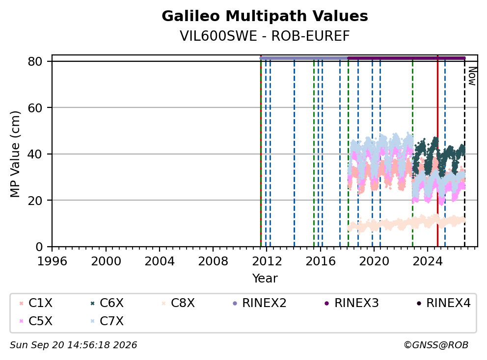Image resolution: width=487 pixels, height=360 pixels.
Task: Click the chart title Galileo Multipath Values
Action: click(265, 16)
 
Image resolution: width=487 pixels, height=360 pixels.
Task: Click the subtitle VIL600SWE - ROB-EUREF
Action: click(265, 36)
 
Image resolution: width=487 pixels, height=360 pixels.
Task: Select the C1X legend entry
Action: click(36, 303)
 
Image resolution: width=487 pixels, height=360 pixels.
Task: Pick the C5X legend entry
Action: click(36, 321)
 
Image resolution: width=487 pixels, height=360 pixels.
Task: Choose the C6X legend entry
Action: click(107, 303)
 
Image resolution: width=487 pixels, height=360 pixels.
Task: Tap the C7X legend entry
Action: click(107, 321)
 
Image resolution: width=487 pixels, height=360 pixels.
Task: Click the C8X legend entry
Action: click(178, 303)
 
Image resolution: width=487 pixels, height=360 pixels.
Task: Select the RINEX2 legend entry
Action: click(259, 303)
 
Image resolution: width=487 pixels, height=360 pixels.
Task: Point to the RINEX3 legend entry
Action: click(352, 303)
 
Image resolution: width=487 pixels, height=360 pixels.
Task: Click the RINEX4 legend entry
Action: click(443, 303)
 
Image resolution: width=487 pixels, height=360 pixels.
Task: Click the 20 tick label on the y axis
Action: click(35, 201)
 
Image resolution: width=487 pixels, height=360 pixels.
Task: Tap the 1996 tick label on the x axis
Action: click(52, 261)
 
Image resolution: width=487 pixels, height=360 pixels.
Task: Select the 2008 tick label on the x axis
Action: click(213, 261)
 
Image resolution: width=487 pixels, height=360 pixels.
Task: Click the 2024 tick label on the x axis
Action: click(428, 261)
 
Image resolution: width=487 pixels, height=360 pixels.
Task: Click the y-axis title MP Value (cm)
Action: click(15, 154)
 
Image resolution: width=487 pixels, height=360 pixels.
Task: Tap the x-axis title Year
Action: click(265, 279)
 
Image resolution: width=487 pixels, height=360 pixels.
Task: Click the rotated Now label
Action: click(472, 77)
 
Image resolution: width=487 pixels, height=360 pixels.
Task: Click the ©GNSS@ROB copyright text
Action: click(436, 345)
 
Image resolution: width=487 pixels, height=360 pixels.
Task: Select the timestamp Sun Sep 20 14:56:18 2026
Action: click(74, 345)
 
